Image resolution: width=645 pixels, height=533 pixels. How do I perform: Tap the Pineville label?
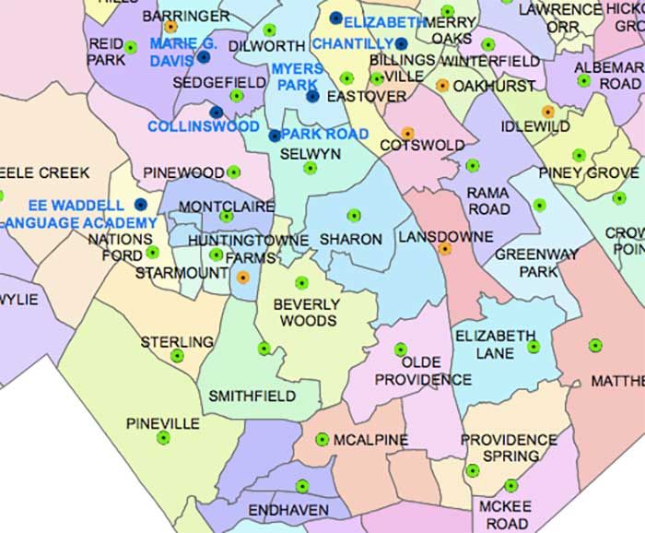click(162, 423)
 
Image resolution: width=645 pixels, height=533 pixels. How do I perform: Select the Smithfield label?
click(252, 396)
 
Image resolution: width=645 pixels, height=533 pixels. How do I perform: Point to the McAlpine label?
click(370, 440)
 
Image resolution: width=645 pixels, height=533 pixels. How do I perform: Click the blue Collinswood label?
click(204, 126)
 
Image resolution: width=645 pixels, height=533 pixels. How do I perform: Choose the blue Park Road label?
click(325, 135)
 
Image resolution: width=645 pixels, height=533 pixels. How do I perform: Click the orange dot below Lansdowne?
click(445, 249)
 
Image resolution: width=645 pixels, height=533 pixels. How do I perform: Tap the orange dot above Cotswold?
click(407, 133)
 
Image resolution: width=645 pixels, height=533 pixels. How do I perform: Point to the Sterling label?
click(177, 342)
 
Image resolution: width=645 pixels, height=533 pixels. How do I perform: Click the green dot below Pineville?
click(163, 438)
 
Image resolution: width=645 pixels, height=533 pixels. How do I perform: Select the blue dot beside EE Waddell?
click(141, 205)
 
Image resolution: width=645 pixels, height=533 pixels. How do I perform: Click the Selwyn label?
click(305, 153)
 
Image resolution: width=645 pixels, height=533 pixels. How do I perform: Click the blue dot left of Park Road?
click(275, 136)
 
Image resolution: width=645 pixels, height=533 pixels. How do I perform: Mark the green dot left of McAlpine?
click(322, 440)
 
